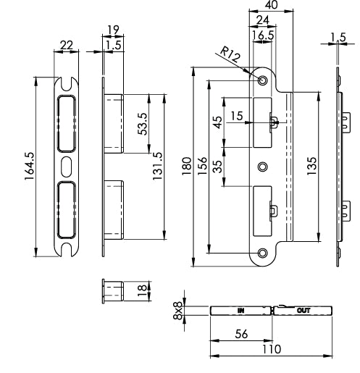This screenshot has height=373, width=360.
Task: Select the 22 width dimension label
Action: tap(66, 46)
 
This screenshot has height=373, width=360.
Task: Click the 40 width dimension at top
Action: tap(272, 5)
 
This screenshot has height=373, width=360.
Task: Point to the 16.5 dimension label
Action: tap(262, 33)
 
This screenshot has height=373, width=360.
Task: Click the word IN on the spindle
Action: tap(240, 310)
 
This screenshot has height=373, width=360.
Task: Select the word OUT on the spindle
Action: tap(304, 310)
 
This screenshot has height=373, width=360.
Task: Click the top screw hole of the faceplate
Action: tap(262, 80)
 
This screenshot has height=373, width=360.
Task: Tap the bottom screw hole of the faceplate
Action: tap(262, 253)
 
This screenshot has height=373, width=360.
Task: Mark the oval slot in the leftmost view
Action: tap(67, 164)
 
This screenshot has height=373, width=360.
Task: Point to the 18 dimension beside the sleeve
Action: tap(143, 290)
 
